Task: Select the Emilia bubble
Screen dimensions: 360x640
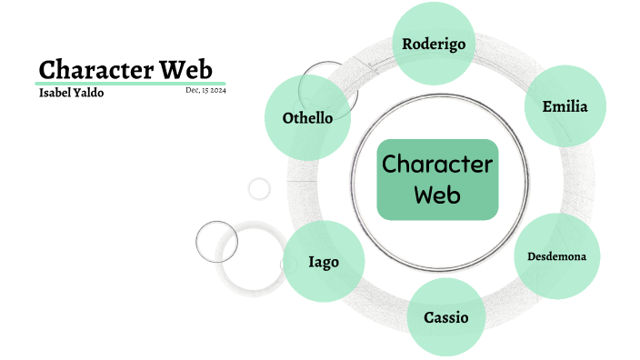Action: coord(565,107)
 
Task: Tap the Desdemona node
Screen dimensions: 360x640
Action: coord(556,255)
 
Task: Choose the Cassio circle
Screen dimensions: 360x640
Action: coord(446,317)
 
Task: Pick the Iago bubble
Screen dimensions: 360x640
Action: coord(324,262)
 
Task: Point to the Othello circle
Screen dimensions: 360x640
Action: coord(306,118)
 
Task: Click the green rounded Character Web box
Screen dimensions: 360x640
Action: coord(437,179)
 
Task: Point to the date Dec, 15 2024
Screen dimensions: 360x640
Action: coord(205,90)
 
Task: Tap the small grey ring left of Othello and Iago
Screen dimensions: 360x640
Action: coord(260,188)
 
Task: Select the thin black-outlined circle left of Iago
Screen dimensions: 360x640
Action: coord(216,241)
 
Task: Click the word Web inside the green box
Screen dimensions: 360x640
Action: coord(437,194)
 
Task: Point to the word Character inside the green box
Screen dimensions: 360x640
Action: coord(437,165)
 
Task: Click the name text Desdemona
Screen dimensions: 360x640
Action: coord(556,255)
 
